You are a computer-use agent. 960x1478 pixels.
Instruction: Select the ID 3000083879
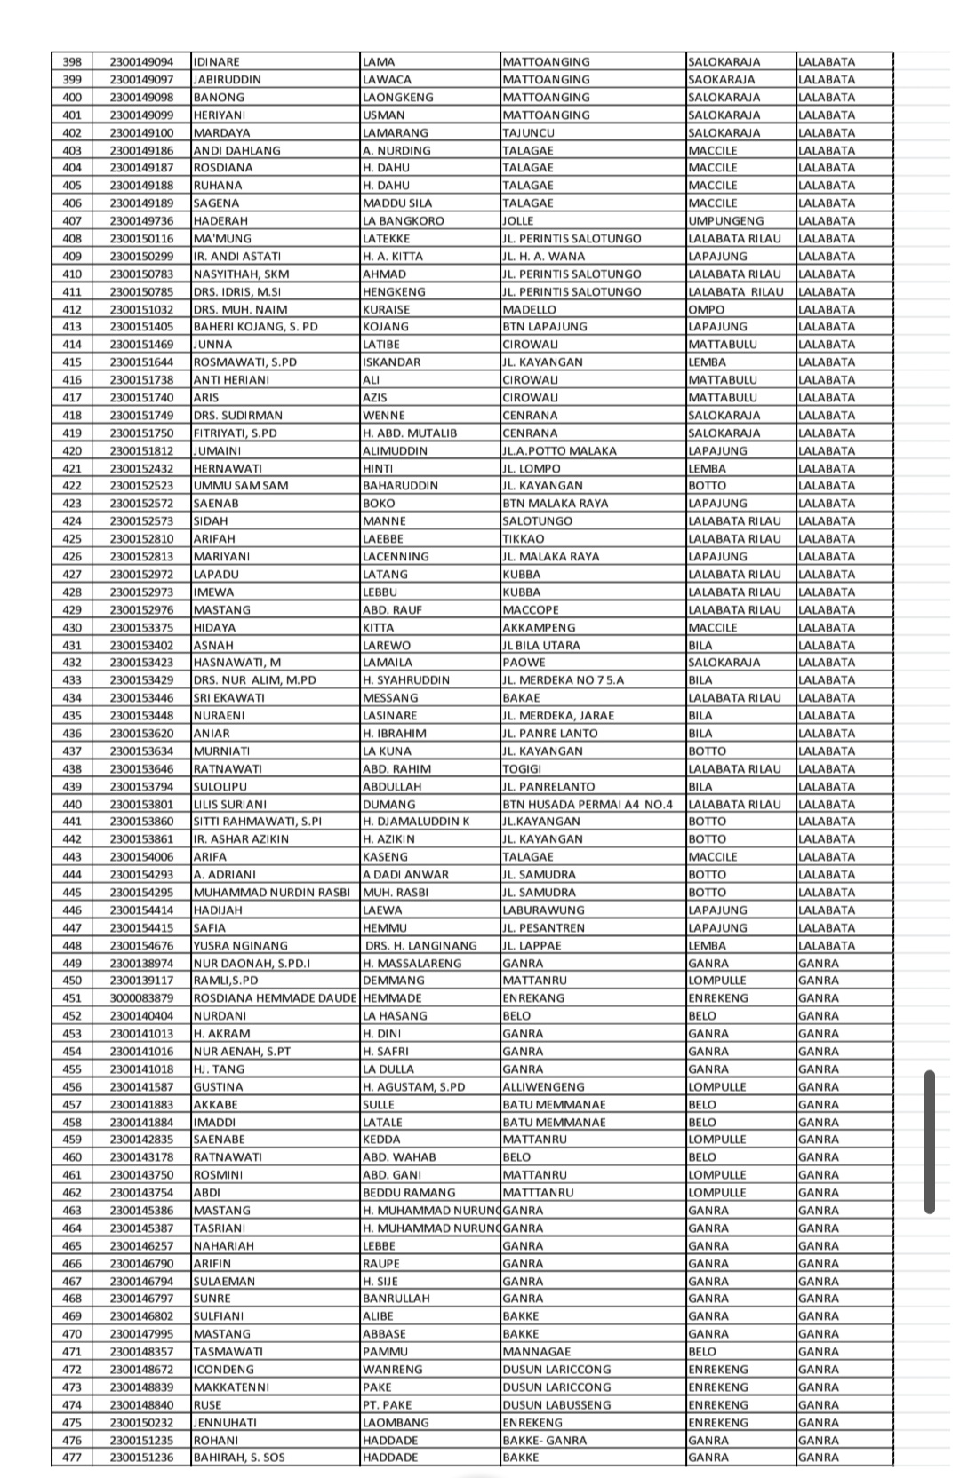141,998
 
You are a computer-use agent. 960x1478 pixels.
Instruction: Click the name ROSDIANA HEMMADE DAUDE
275,998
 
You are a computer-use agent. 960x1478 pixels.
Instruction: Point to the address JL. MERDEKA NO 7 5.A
563,680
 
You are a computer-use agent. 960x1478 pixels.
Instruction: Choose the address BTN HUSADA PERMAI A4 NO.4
588,805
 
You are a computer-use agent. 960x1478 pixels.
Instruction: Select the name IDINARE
217,62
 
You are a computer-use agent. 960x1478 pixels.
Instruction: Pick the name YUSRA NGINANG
240,946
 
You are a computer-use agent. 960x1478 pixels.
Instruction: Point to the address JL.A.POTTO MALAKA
559,451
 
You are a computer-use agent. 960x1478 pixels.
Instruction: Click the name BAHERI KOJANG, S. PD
255,327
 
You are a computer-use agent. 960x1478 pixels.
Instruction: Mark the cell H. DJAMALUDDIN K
416,822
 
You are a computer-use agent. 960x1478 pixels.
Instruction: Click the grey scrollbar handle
930,1141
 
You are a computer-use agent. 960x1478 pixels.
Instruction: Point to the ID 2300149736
141,221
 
